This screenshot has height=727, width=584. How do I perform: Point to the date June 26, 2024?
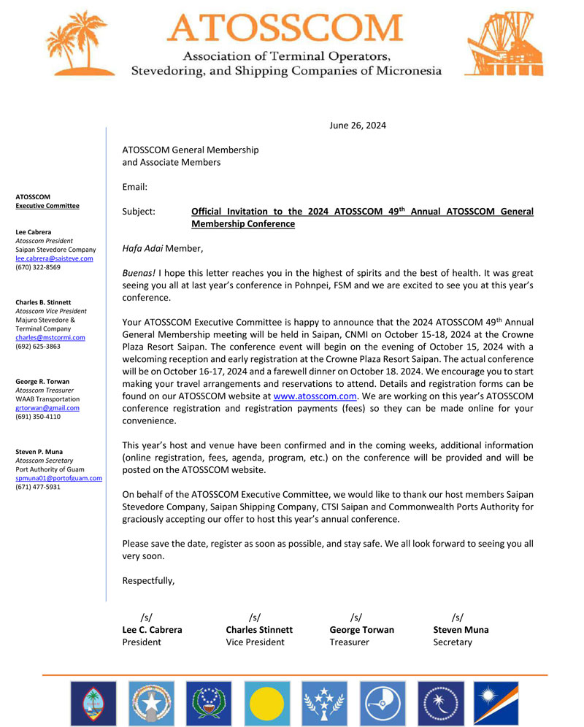(358, 125)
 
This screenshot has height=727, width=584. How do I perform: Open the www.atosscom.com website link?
(315, 396)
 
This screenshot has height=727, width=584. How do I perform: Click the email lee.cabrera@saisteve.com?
(54, 258)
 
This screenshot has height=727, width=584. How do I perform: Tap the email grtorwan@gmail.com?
(47, 407)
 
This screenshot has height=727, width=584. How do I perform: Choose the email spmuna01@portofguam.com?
(58, 477)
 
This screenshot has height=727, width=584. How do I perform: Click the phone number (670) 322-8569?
(38, 267)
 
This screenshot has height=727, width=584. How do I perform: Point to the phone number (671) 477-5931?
(38, 486)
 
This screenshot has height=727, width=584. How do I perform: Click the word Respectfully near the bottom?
(148, 581)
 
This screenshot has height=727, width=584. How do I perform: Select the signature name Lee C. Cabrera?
(152, 629)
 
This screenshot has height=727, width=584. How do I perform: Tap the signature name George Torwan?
(361, 629)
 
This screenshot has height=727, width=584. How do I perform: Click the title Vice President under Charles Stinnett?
(255, 642)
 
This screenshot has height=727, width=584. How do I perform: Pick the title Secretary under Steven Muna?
(452, 642)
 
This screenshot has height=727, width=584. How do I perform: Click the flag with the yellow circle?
(266, 703)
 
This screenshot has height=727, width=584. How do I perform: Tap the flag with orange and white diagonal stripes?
(496, 703)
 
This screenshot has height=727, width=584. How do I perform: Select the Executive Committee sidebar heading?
(47, 206)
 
